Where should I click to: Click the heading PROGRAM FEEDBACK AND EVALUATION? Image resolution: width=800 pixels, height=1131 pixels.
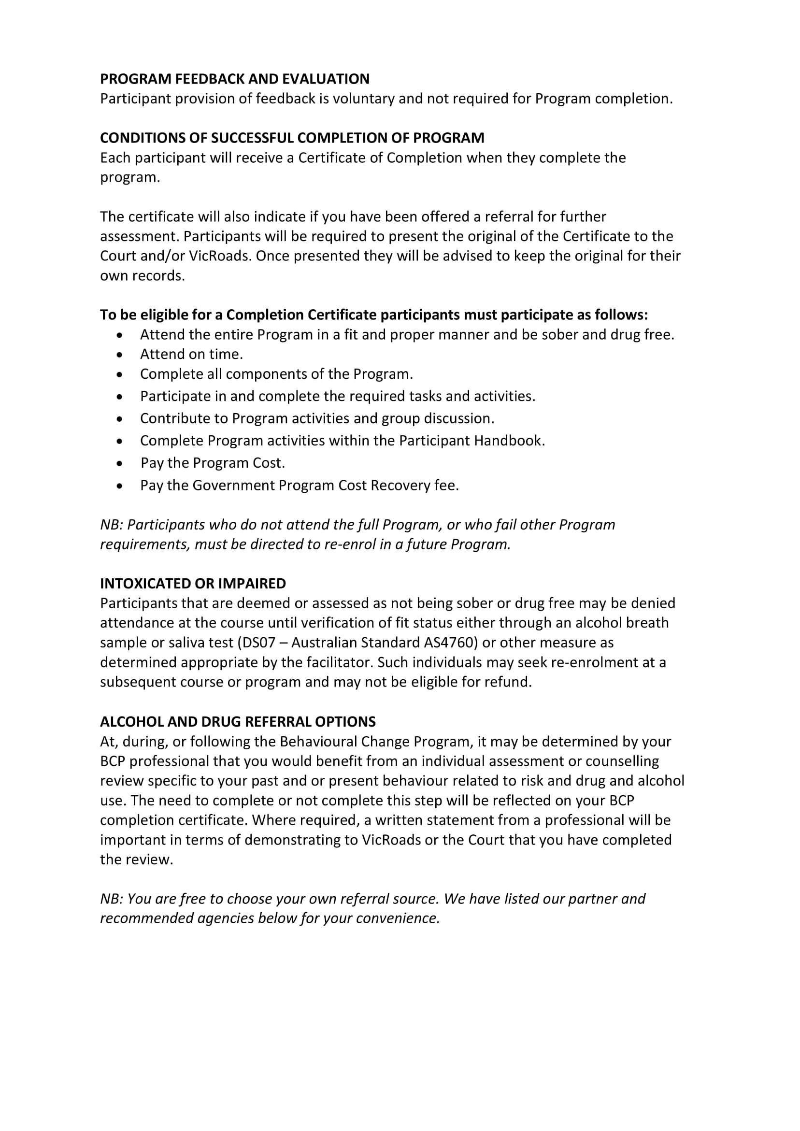tap(234, 79)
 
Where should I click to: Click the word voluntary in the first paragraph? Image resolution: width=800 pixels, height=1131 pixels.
tap(364, 99)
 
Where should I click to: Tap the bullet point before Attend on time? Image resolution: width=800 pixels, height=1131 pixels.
tap(120, 355)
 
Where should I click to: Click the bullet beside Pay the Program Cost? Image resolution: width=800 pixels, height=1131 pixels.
tap(120, 463)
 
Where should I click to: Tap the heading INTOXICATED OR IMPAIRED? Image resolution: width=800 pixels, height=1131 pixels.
tap(193, 584)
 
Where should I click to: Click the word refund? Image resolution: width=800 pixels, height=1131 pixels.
tap(511, 682)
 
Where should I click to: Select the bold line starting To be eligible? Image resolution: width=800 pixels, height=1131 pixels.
tap(374, 315)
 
